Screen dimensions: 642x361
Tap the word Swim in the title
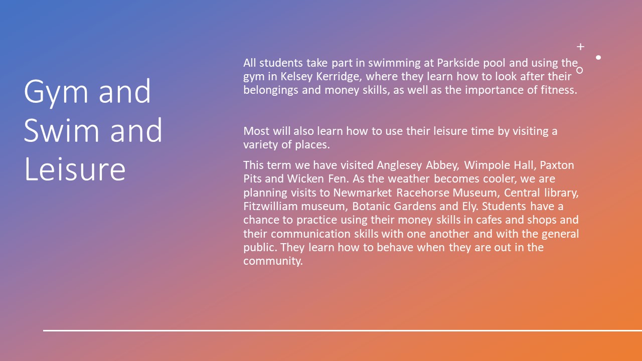(61, 131)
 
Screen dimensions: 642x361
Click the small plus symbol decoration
(580, 47)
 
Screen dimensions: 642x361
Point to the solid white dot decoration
(598, 57)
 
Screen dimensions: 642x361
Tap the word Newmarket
(362, 193)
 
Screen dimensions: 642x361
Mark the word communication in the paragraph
(310, 234)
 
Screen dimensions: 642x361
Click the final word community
(273, 261)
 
